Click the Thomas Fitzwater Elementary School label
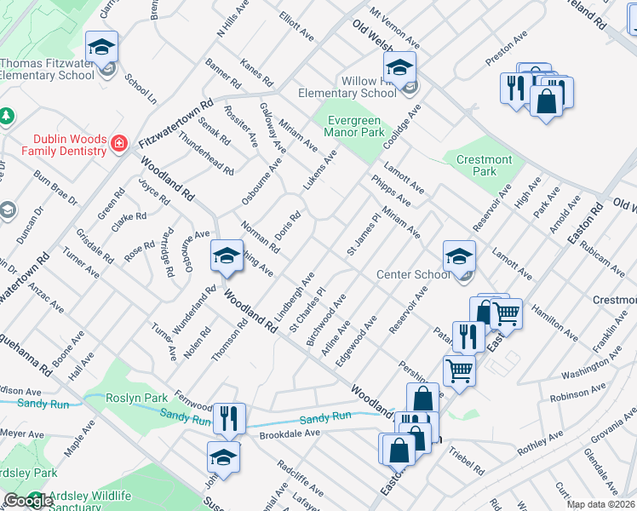pyautogui.click(x=47, y=69)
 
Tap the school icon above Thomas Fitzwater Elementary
pyautogui.click(x=103, y=48)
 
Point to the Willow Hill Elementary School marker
pyautogui.click(x=399, y=68)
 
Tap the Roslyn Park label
pyautogui.click(x=136, y=398)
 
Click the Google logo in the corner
pyautogui.click(x=27, y=501)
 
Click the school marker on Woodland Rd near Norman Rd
pyautogui.click(x=227, y=257)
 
